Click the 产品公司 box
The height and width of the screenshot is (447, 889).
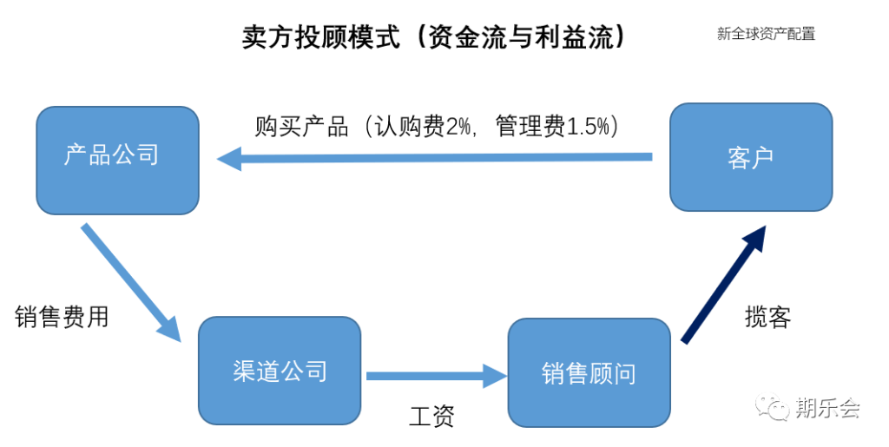pos(117,161)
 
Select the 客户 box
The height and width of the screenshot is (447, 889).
pos(751,157)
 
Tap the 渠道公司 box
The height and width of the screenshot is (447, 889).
pos(280,371)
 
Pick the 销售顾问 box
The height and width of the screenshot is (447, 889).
pos(589,372)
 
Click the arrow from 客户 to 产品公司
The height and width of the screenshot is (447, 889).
pos(435,158)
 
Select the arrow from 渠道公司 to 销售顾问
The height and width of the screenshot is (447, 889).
pos(437,376)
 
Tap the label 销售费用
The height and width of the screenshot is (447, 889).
pos(62,317)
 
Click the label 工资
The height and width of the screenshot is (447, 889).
pos(431,417)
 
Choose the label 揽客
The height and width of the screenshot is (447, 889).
pos(767,317)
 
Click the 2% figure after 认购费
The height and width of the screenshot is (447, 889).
pos(458,126)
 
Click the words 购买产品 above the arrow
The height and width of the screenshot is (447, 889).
pos(301,126)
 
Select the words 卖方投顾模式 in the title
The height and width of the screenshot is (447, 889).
pos(321,37)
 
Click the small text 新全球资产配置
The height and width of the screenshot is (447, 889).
pos(766,34)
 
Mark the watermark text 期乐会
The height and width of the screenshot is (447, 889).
pos(827,407)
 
